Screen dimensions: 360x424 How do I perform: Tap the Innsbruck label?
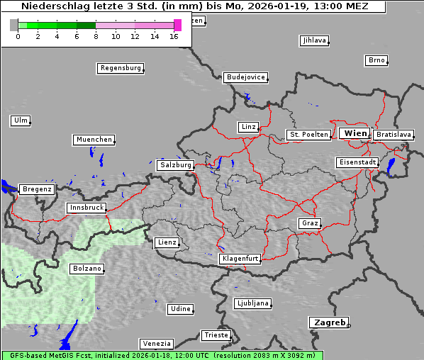point(87,208)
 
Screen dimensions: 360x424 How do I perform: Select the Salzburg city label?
point(176,165)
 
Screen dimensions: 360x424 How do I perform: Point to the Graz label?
point(309,223)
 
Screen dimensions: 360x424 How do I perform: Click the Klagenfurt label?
point(240,259)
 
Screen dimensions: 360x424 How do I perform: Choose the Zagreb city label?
point(328,322)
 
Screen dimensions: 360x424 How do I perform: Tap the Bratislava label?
point(394,134)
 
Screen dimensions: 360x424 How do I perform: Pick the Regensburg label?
point(120,68)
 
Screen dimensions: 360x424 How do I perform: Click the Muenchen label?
point(94,140)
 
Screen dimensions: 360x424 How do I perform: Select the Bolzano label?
point(87,269)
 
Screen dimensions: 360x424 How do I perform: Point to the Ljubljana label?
point(252,303)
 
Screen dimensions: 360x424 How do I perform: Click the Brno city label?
point(376,60)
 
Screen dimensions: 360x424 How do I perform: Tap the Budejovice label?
point(245,77)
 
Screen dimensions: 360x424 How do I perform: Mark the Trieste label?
point(216,334)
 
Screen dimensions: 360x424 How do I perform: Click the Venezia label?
point(155,344)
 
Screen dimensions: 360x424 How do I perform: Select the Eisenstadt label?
point(357,162)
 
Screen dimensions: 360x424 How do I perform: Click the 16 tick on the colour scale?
point(174,36)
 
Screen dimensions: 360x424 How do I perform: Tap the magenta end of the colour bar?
point(177,25)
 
